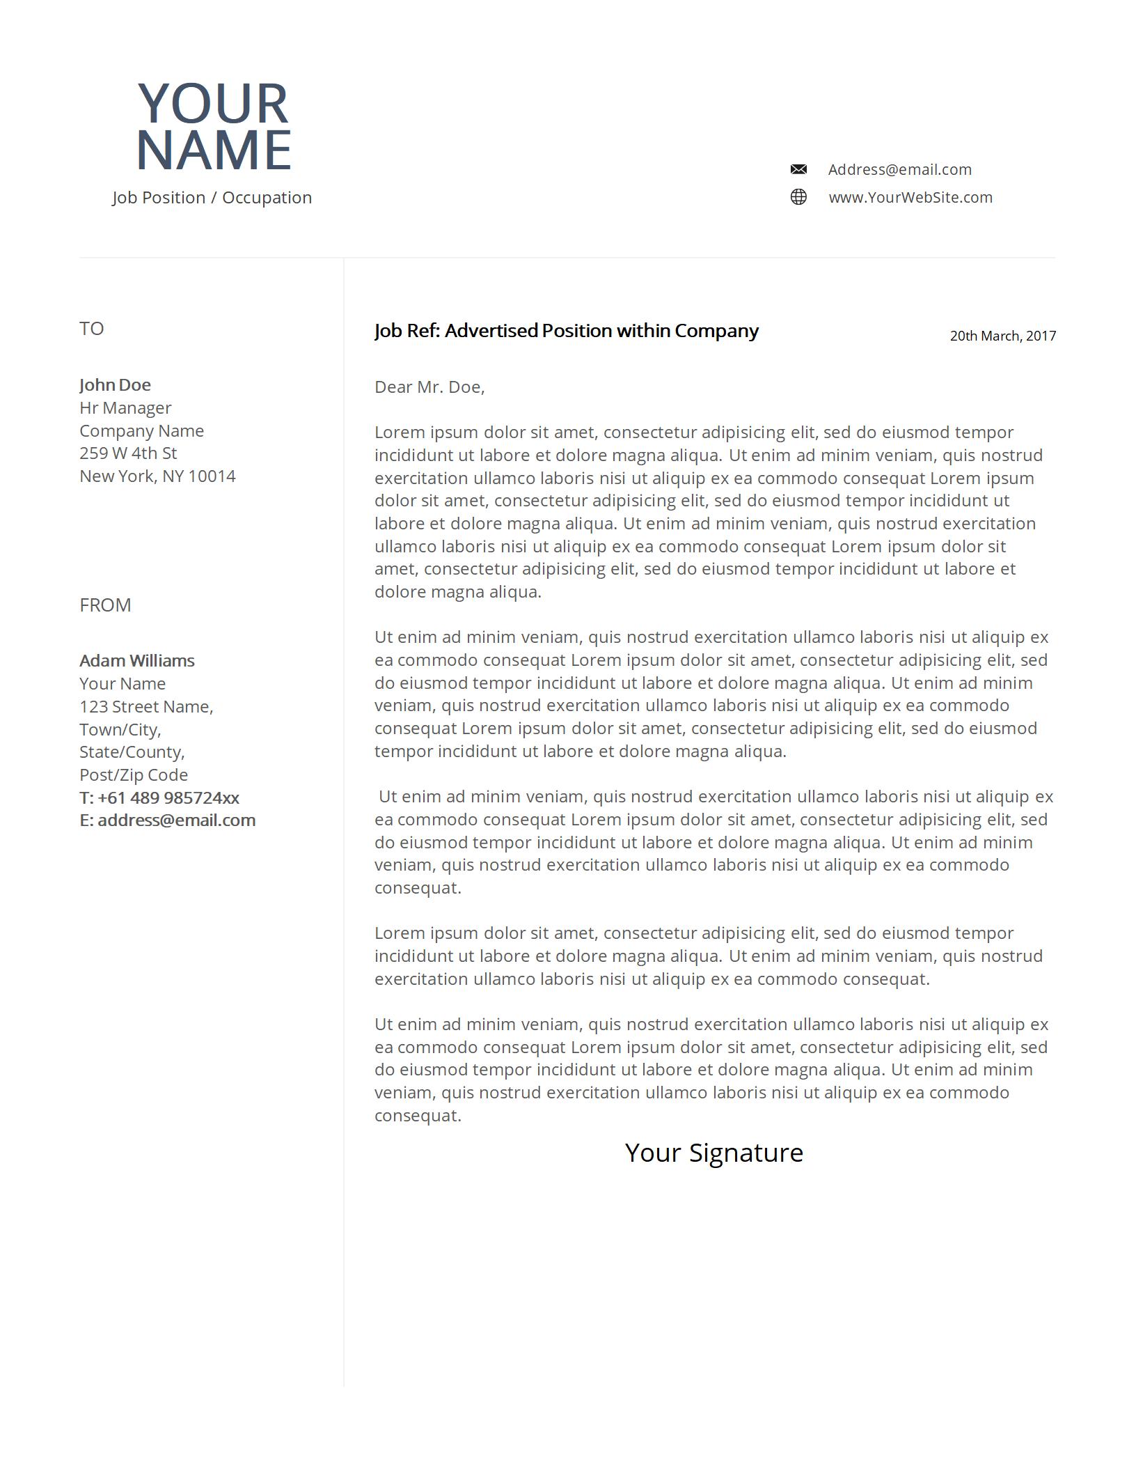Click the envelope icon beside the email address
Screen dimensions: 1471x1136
coord(798,169)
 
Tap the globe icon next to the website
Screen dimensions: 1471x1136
coord(798,197)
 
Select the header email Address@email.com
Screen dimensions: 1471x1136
coord(899,169)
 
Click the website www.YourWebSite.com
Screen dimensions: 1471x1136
coord(910,197)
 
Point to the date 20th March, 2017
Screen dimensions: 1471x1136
coord(1002,336)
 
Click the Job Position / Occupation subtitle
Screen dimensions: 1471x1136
coord(212,198)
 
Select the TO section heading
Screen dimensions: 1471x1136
coord(91,329)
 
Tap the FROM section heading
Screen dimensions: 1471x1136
coord(105,605)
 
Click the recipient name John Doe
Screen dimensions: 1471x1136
coord(115,384)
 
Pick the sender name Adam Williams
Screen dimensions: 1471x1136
coord(137,660)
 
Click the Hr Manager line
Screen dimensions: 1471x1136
coord(125,407)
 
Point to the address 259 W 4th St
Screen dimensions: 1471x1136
coord(128,453)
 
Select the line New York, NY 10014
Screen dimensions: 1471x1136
coord(157,476)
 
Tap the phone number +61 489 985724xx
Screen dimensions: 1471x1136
coord(168,797)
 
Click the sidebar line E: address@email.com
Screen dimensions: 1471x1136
coord(168,820)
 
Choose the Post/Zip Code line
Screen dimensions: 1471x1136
coord(134,775)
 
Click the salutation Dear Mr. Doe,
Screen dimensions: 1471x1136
coord(429,387)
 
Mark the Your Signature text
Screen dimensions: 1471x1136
coord(713,1153)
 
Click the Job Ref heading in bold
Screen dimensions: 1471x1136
coord(566,331)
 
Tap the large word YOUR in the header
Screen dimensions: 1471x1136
coord(213,103)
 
